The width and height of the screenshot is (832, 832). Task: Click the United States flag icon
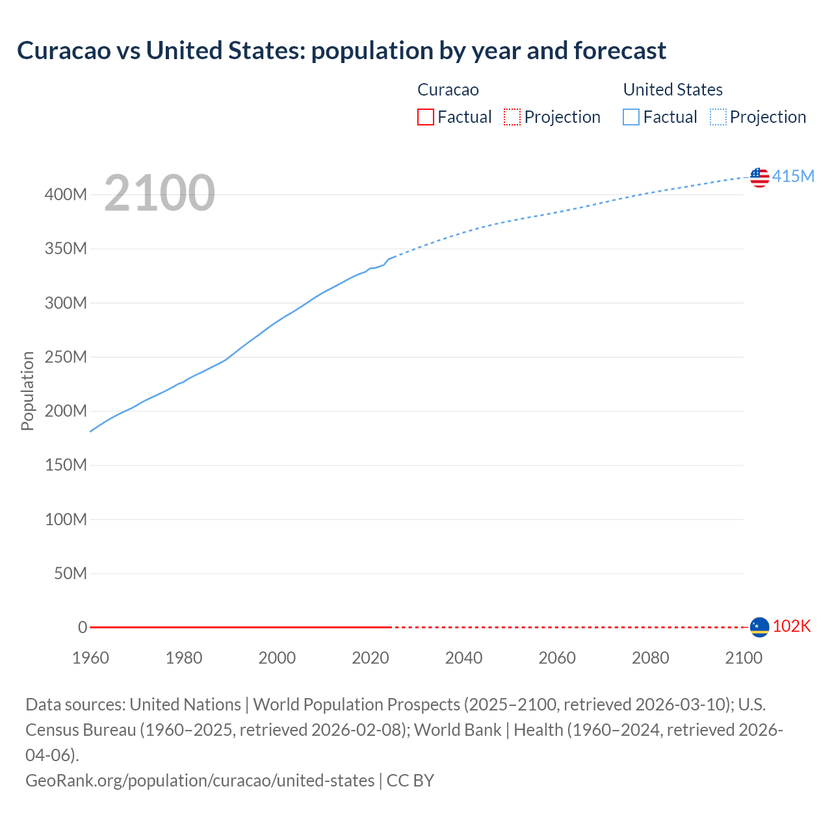click(759, 177)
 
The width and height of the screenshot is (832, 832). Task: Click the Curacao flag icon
click(759, 627)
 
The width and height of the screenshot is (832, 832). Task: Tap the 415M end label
click(793, 176)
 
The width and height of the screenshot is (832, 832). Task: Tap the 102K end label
click(792, 626)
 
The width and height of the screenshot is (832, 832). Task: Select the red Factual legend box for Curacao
click(425, 117)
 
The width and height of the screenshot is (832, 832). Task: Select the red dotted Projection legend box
click(512, 117)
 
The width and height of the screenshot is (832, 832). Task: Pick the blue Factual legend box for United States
click(630, 117)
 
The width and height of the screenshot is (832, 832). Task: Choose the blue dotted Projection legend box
click(718, 117)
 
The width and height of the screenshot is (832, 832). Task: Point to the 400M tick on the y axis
click(66, 194)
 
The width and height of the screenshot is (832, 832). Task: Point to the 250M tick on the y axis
click(66, 357)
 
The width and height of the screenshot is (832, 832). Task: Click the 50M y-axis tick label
click(70, 573)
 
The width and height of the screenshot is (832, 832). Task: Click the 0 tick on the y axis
click(83, 627)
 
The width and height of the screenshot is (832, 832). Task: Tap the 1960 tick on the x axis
click(90, 658)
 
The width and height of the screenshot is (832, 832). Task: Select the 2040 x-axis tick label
click(463, 658)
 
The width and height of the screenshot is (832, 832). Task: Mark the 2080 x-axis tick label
click(650, 658)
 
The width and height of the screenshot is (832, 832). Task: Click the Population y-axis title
click(27, 391)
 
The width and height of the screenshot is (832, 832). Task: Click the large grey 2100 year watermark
click(159, 193)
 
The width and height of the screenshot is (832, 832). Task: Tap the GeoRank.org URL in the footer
click(200, 780)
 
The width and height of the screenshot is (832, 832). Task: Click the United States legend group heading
click(673, 90)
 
